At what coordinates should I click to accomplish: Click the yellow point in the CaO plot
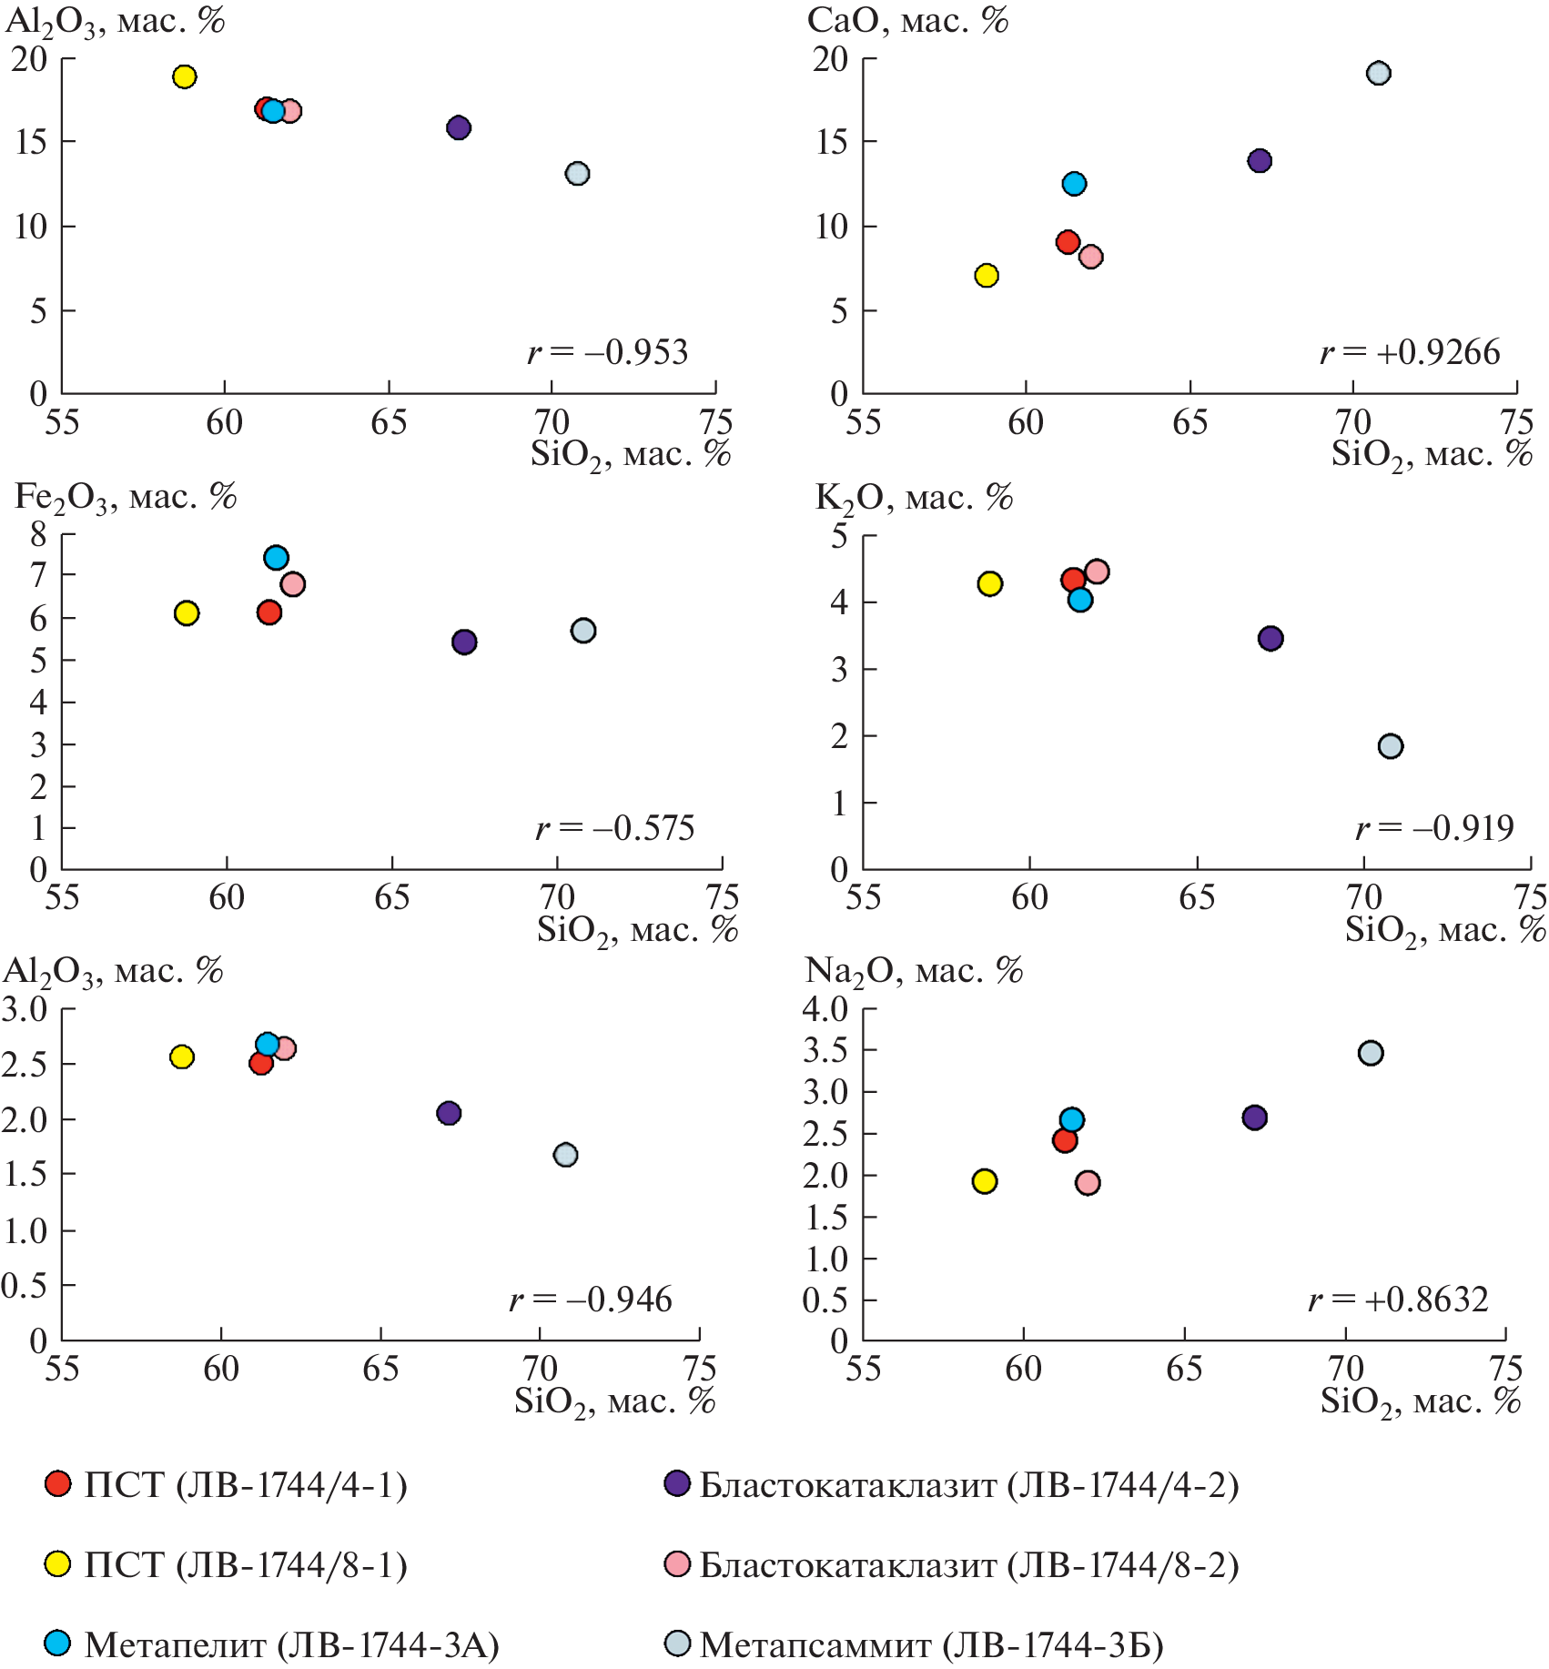coord(987,276)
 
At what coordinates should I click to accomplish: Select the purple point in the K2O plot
coord(1271,639)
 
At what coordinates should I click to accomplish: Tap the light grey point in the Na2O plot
coord(1371,1053)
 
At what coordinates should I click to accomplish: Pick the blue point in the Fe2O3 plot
coord(276,558)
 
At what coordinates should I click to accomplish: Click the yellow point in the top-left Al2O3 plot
coord(185,76)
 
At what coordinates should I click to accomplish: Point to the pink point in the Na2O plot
coord(1088,1183)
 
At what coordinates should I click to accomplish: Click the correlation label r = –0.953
coord(608,352)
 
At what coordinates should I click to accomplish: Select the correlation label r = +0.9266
coord(1410,352)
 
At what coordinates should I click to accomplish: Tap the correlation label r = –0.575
coord(614,828)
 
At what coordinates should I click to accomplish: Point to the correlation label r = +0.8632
coord(1398,1300)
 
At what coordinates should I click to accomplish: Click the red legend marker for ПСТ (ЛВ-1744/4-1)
coord(58,1484)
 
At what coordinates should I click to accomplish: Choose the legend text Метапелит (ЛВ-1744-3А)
coord(291,1644)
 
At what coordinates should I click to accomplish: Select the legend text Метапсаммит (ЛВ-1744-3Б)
coord(931,1644)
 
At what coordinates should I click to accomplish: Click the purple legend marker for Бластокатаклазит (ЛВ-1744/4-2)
coord(677,1484)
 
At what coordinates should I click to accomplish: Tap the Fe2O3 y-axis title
coord(126,498)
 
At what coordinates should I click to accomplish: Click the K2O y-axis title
coord(914,498)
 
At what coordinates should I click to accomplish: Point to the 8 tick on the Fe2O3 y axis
coord(38,534)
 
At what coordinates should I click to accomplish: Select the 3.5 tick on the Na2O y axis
coord(825,1050)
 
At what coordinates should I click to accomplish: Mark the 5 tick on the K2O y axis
coord(839,536)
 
